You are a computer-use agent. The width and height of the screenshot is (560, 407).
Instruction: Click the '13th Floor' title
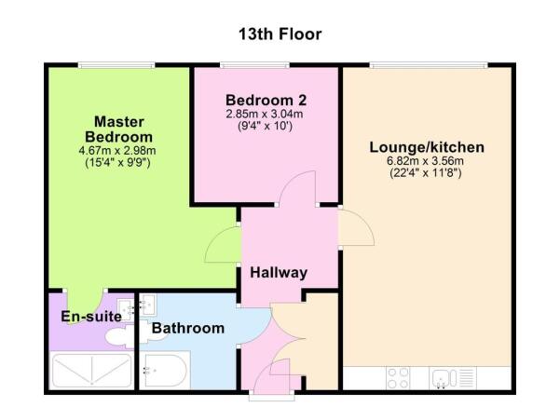(280, 34)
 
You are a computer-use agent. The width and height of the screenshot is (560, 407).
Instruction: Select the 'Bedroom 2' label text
(266, 100)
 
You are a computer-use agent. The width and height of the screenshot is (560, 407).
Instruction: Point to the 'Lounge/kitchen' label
(427, 147)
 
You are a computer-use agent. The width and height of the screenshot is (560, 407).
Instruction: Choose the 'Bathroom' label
(188, 328)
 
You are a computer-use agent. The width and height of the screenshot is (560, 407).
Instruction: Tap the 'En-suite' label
(91, 317)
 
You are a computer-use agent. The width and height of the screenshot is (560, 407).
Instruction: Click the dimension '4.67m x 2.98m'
(116, 150)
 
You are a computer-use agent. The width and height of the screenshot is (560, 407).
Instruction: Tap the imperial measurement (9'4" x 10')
(266, 126)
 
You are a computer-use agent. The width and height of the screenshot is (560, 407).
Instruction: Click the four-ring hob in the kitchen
(399, 378)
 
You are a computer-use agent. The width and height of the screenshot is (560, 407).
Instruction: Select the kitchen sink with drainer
(452, 378)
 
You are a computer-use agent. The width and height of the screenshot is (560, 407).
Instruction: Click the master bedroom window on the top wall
(116, 64)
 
